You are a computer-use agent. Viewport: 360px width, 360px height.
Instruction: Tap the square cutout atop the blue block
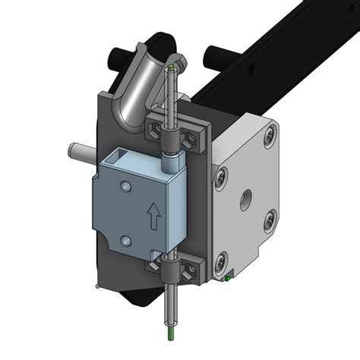[122, 159]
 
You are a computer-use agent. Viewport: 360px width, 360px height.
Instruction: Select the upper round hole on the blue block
[125, 187]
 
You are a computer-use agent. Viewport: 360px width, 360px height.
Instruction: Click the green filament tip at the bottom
[172, 332]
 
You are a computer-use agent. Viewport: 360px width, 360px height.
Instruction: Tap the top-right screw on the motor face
[267, 137]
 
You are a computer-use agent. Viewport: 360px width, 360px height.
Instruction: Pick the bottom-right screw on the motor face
[269, 221]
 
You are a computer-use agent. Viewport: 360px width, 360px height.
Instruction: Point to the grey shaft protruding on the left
[77, 151]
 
